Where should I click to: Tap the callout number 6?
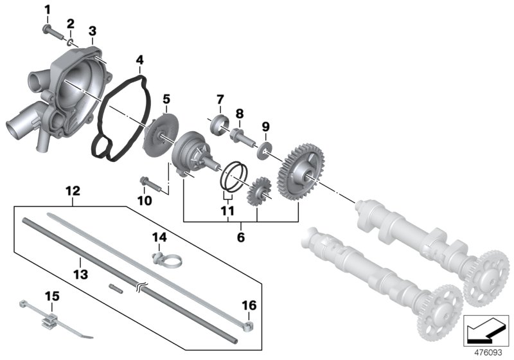[x=242, y=237]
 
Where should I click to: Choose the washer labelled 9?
[x=263, y=153]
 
